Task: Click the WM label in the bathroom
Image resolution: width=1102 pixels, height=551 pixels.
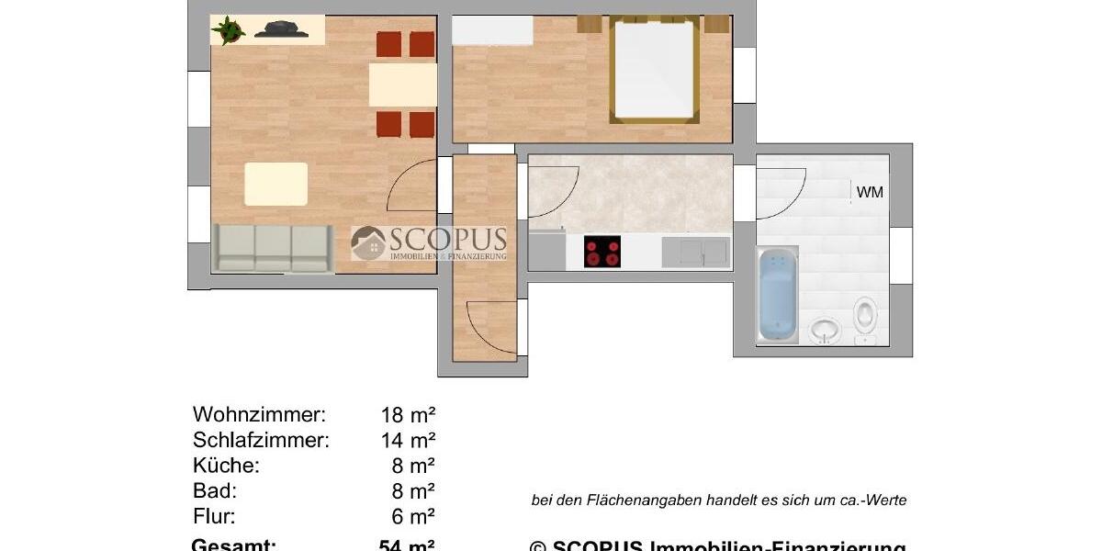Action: (870, 193)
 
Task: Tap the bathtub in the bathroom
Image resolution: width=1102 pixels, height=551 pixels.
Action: (776, 295)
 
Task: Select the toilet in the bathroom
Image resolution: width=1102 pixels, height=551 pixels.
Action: (864, 315)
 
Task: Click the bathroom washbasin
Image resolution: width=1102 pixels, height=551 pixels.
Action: (824, 328)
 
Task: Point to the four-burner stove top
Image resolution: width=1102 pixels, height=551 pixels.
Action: (602, 252)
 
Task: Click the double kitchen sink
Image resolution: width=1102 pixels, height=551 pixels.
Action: (695, 252)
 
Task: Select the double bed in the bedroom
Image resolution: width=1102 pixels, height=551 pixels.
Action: (653, 71)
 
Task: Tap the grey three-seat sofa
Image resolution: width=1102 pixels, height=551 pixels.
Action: (273, 248)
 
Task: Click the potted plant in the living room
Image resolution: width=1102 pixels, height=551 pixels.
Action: (228, 30)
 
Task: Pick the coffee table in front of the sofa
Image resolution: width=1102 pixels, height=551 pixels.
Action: (275, 184)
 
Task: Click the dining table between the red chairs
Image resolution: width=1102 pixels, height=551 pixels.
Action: (402, 84)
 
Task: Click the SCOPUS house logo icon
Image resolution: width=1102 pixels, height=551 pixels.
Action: (368, 242)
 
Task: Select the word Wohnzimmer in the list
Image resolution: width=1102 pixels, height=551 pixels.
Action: (259, 414)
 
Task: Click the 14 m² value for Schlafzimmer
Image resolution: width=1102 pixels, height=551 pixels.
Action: (408, 440)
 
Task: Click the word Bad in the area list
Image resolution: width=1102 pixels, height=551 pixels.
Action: (214, 490)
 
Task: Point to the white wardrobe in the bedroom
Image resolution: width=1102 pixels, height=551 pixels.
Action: (493, 31)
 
